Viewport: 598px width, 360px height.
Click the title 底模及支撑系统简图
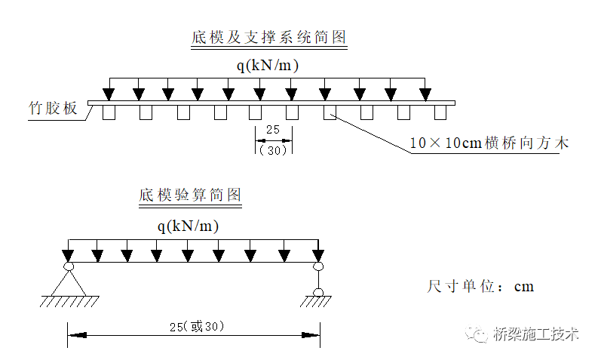coord(269,38)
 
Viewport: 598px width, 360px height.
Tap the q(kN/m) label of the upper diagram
coord(268,66)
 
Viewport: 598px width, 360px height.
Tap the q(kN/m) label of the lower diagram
coord(189,226)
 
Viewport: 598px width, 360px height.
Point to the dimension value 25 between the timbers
coord(273,130)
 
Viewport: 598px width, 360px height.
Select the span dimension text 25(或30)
coord(194,326)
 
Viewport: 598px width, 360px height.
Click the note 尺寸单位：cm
coord(480,287)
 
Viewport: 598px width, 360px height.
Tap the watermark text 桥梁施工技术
coord(535,334)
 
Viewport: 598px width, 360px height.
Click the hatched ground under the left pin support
coord(69,302)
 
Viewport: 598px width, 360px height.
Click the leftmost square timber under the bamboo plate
coord(109,112)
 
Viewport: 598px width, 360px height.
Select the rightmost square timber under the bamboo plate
coord(440,112)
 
